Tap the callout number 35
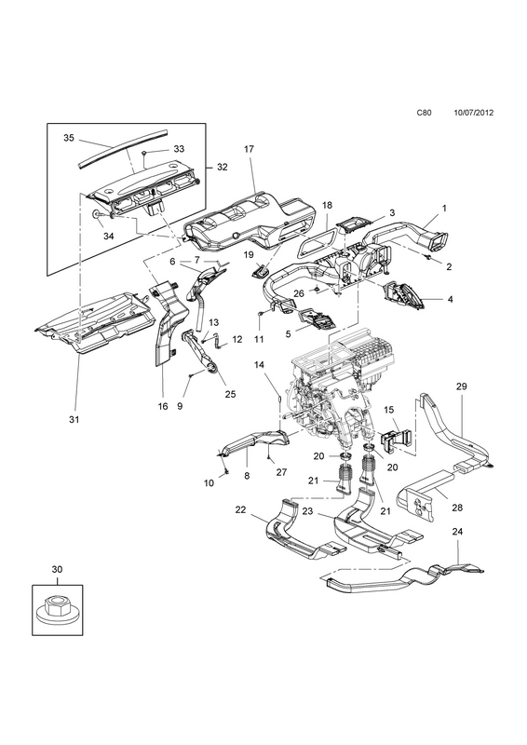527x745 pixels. (x=69, y=138)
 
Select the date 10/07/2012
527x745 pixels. (x=473, y=126)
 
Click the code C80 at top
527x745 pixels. (x=424, y=126)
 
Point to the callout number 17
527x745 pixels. (x=249, y=149)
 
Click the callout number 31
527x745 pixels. (x=74, y=420)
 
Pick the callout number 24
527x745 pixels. (x=457, y=531)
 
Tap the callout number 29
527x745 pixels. (x=462, y=386)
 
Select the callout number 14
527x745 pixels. (x=272, y=365)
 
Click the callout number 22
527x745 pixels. (x=240, y=509)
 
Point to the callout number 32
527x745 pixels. (x=222, y=168)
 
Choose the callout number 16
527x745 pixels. (x=163, y=407)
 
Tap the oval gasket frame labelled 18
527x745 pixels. (x=317, y=240)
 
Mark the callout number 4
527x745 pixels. (x=450, y=299)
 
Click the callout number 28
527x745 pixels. (x=457, y=508)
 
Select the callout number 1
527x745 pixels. (x=444, y=208)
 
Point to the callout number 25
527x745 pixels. (x=231, y=394)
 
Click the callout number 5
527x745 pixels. (x=288, y=334)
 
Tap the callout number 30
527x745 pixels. (x=57, y=569)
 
